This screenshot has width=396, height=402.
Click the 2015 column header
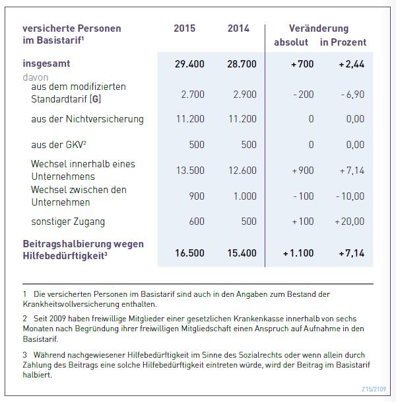click(x=184, y=28)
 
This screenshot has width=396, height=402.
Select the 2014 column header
click(x=238, y=28)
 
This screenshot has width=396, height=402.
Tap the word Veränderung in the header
click(x=319, y=28)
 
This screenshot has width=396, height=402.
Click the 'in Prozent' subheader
click(x=343, y=42)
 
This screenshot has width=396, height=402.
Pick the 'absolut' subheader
click(x=291, y=42)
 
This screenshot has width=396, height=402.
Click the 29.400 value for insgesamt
click(x=189, y=64)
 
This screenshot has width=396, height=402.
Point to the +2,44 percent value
click(x=351, y=64)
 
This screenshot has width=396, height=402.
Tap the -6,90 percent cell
click(x=352, y=95)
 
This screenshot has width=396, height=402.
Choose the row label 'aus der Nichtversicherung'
click(x=87, y=120)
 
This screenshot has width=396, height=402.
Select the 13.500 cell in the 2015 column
click(x=190, y=171)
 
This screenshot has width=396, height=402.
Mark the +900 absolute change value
click(x=303, y=171)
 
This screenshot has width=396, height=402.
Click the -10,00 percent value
click(x=350, y=196)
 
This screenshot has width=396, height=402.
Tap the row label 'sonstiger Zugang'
click(x=68, y=221)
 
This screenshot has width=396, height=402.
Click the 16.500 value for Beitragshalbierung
click(x=189, y=253)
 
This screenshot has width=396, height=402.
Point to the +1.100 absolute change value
click(x=298, y=253)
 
